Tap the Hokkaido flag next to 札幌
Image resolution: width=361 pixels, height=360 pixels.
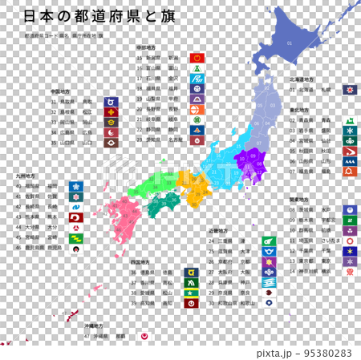point(348,91)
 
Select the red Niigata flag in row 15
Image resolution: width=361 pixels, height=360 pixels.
point(197,59)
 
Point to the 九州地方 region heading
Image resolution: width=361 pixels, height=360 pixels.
point(25,175)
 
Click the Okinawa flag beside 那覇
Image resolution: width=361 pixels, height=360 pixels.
point(144,337)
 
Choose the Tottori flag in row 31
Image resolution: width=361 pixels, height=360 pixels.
point(110,102)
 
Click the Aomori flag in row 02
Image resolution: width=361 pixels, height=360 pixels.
point(348,119)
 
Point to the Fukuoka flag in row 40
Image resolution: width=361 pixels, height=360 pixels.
point(75,186)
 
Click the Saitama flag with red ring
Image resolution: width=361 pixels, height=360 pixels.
point(348,240)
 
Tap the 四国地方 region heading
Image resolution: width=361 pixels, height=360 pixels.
point(140,261)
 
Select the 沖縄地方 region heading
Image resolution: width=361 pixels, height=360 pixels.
point(95,326)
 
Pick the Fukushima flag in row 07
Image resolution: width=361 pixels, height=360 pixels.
point(348,171)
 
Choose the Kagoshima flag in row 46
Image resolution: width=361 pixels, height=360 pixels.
point(75,249)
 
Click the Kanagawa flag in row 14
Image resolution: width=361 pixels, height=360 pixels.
point(348,271)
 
